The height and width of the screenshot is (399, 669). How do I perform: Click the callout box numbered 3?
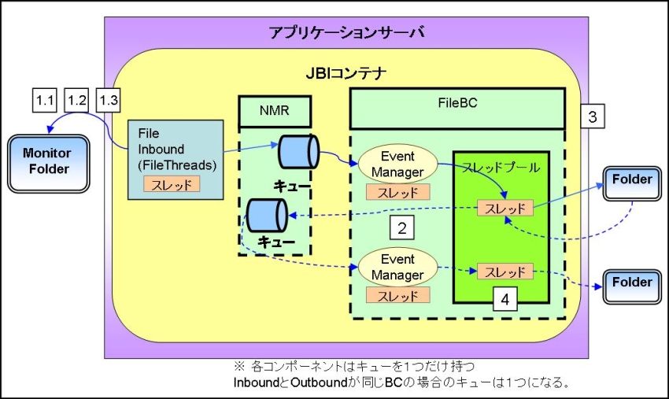[x=592, y=118]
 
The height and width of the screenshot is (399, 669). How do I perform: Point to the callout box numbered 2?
[x=402, y=229]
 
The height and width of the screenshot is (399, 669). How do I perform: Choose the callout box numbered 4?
[x=505, y=299]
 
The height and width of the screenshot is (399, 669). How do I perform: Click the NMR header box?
[x=275, y=112]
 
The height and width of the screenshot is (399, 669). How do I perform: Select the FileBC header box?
[x=457, y=108]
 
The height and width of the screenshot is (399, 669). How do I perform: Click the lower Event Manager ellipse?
[x=397, y=266]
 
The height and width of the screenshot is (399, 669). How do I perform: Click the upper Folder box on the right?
[x=631, y=180]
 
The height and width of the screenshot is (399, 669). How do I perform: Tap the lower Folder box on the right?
[x=631, y=282]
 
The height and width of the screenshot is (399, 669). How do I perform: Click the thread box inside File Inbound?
[x=172, y=184]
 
